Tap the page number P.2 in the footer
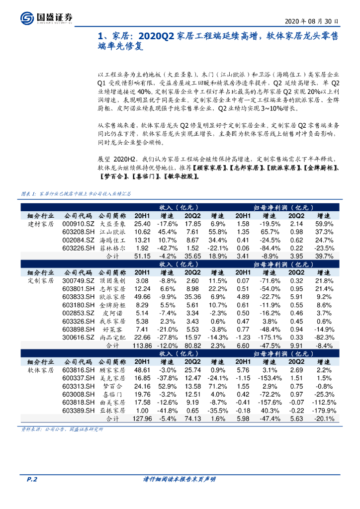32,479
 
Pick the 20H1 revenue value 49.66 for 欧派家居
142,296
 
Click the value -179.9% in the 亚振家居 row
324,411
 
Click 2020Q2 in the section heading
155,36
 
